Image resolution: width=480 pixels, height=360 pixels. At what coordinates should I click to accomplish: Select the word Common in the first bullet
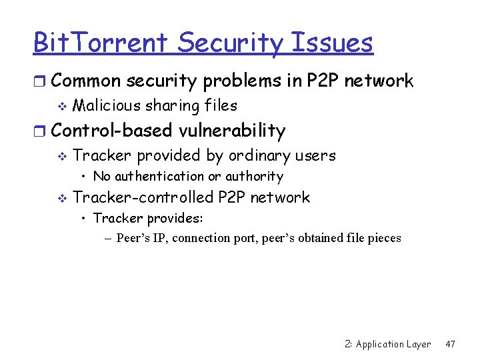click(86, 81)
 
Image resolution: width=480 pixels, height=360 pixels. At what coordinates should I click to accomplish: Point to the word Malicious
click(107, 105)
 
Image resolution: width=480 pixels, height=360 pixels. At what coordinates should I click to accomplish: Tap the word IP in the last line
click(160, 238)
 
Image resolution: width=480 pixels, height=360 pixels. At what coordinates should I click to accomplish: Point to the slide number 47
click(450, 344)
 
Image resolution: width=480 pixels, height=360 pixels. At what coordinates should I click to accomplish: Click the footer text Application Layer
click(393, 344)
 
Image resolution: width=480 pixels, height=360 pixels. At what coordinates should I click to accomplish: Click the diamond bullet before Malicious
click(61, 106)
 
